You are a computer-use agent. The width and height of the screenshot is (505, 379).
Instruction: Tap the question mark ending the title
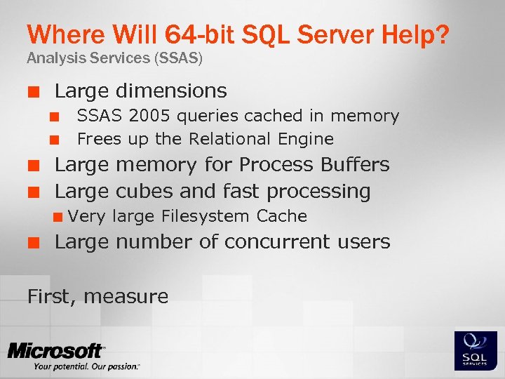click(x=442, y=34)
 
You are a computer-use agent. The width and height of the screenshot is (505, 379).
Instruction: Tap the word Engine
click(x=307, y=139)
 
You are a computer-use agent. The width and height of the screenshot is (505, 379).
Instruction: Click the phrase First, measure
click(x=97, y=297)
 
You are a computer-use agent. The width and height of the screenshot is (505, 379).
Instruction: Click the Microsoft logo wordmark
click(x=56, y=351)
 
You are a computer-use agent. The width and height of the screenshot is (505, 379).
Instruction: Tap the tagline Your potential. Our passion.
click(x=86, y=366)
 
